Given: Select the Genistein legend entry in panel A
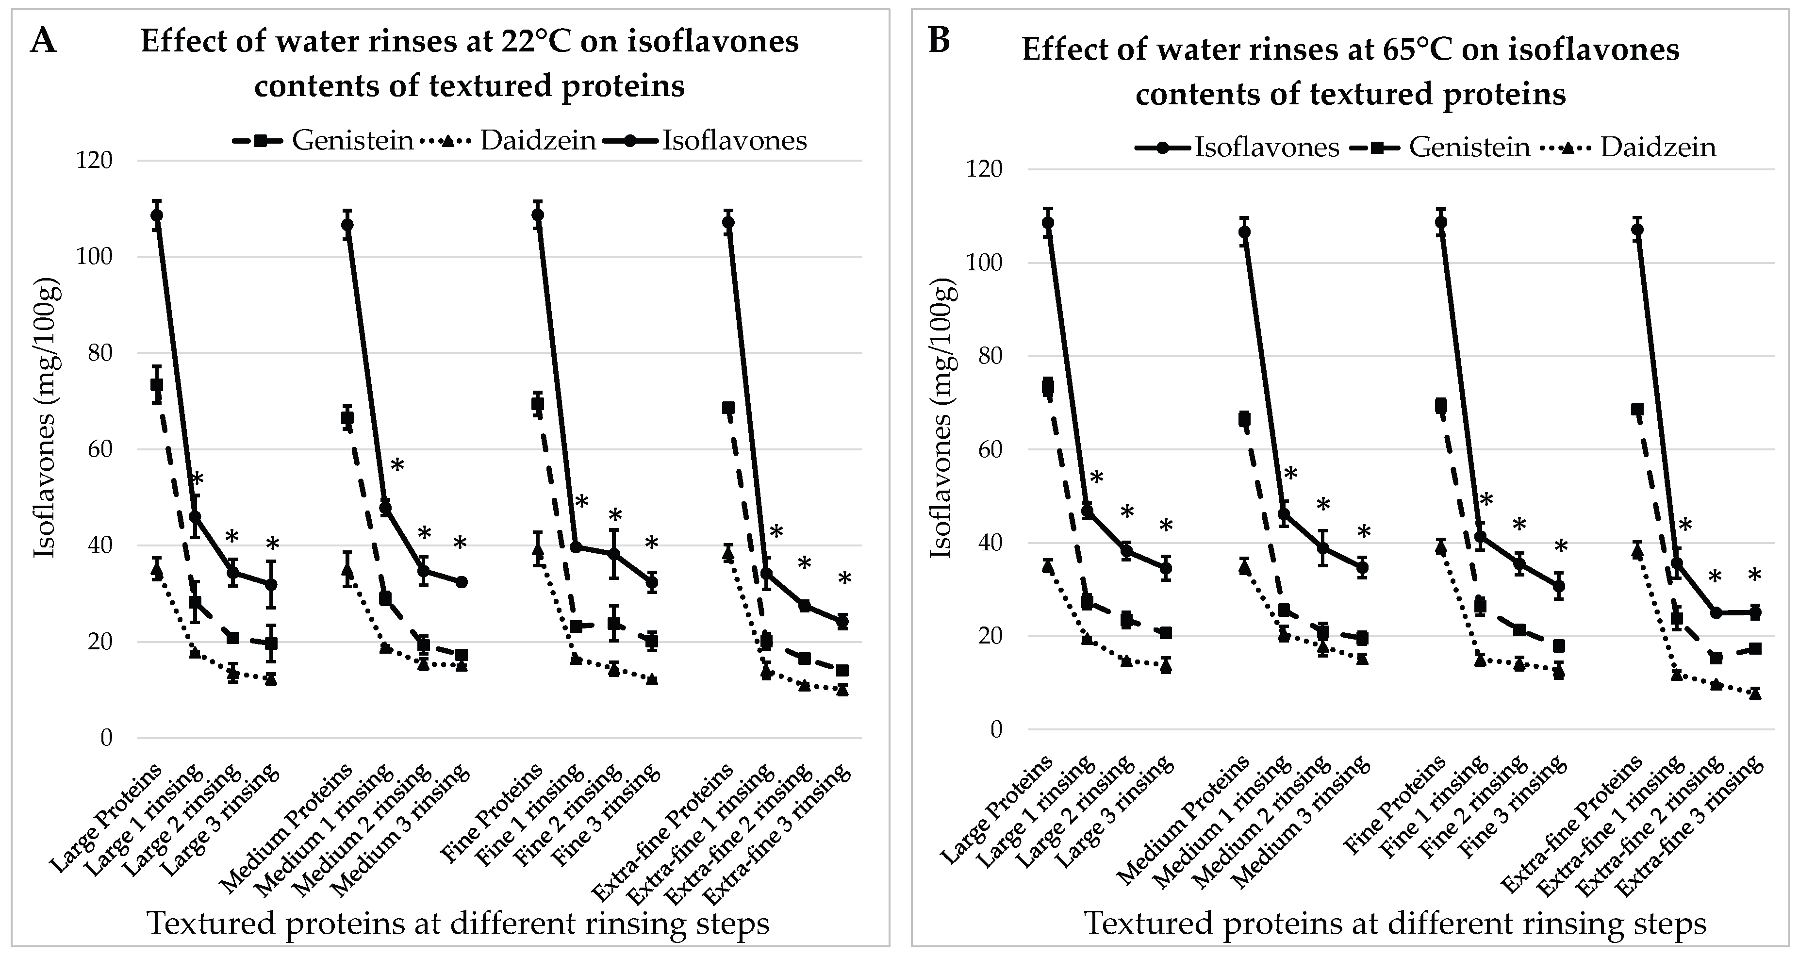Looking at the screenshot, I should point(353,140).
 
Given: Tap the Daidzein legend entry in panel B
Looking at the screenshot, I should point(1659,148).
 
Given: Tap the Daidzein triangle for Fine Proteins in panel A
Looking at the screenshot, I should point(538,550).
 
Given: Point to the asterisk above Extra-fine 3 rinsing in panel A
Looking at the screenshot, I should point(844,579).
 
